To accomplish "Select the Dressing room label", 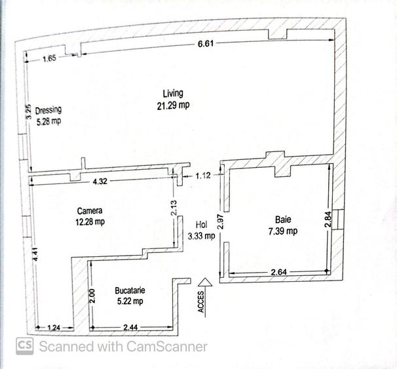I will point(48,110).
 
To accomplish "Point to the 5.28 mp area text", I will point(48,121).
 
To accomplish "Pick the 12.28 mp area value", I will point(90,222).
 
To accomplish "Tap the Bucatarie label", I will point(129,290).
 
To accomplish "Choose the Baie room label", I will point(282,220).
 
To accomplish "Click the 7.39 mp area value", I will point(282,231).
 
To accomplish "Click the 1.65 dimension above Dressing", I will point(50,59).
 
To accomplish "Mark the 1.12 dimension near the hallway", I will point(204,176).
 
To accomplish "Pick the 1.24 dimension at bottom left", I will point(55,327).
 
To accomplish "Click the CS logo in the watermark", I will point(25,346).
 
